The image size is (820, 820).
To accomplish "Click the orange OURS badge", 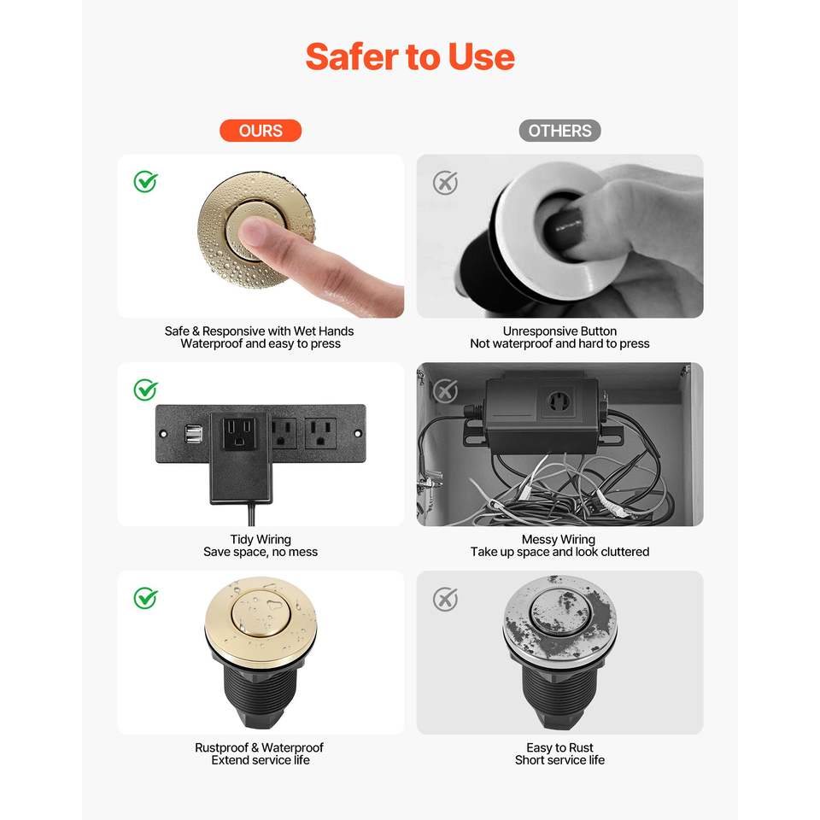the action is [261, 131].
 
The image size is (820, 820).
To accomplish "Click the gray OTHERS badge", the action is [559, 131].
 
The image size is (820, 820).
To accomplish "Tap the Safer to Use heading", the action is [410, 56].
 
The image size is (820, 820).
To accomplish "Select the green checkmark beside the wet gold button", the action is [145, 181].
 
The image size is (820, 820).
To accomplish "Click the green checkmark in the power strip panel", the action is [145, 389].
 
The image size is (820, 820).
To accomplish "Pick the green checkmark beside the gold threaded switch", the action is [145, 598].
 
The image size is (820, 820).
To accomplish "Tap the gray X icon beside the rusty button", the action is [445, 599].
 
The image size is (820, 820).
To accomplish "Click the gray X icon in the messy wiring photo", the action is [445, 390].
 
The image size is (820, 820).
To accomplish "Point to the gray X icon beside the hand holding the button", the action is [445, 183].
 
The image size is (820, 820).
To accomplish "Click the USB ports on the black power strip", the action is [194, 434].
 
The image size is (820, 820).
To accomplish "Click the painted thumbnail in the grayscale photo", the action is [562, 226].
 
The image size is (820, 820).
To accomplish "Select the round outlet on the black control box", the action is [557, 402].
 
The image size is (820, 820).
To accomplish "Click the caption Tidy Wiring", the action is [261, 539].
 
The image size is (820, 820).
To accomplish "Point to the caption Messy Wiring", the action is [559, 539].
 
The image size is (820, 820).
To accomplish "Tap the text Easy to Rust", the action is [559, 747].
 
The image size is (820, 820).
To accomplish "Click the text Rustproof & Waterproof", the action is [260, 747].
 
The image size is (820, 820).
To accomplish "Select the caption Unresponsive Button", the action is [559, 331].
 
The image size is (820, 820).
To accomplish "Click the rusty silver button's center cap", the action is [560, 612].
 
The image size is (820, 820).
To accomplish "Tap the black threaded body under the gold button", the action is [260, 690].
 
